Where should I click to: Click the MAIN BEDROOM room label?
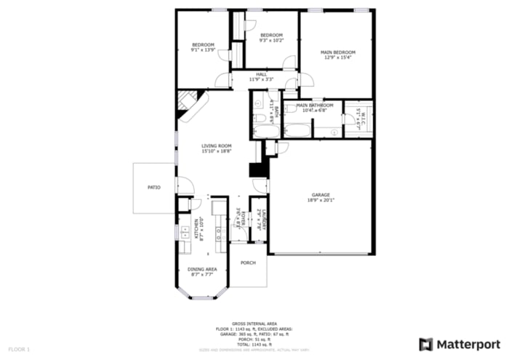coord(339,52)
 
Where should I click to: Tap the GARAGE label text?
coord(321,195)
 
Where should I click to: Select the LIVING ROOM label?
coord(216,146)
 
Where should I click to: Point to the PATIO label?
coord(153,188)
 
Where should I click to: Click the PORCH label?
coord(248,263)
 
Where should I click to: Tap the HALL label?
coord(262,74)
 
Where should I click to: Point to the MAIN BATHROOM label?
coord(315,105)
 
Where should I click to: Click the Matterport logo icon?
coord(426,343)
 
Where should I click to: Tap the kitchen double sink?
coord(185,232)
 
